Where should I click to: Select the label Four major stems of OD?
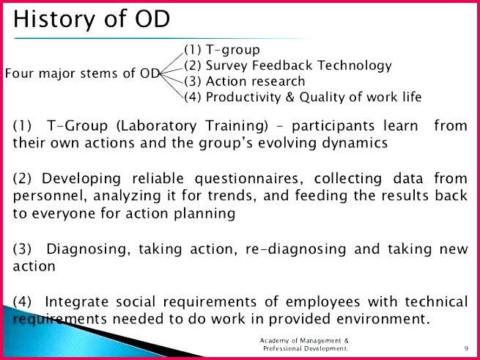point(82,74)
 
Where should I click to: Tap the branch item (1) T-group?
point(221,50)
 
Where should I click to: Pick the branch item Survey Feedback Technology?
point(299,66)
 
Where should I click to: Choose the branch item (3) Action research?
point(244,81)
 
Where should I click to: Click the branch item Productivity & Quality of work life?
point(314,97)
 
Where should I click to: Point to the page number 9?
point(466,348)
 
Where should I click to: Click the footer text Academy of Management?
point(304,341)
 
